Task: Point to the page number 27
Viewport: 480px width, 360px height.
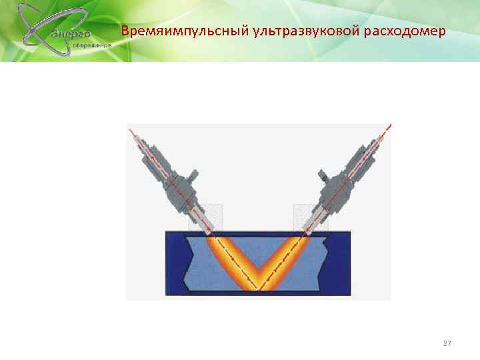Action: [x=447, y=343]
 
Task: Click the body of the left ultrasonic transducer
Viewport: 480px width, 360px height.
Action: [x=167, y=169]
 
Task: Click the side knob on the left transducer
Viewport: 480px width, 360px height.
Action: [x=193, y=177]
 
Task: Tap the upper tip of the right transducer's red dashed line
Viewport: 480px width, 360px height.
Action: [x=389, y=125]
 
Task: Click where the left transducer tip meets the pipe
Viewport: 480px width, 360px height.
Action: [x=211, y=231]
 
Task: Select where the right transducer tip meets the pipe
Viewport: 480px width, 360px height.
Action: [x=307, y=231]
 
